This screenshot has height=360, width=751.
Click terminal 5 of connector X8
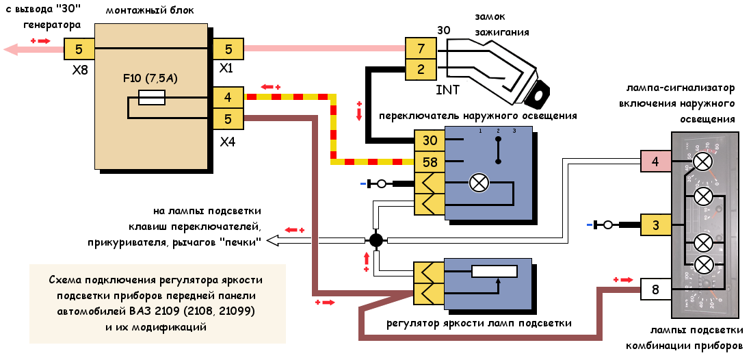79,49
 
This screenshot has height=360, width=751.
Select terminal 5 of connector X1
228,49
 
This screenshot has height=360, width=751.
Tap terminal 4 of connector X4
228,98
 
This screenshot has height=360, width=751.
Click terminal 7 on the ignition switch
421,49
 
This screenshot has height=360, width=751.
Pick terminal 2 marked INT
421,69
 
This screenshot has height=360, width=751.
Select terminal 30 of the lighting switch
429,141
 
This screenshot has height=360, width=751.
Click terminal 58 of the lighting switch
429,163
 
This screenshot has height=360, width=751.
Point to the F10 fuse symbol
151,99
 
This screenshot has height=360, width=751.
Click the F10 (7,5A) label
150,78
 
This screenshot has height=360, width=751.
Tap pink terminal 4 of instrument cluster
655,162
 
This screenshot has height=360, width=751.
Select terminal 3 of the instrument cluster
655,224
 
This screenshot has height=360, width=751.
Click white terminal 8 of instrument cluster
655,290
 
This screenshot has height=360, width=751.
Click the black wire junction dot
375,240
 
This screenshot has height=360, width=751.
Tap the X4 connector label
228,142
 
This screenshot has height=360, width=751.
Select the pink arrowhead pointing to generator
12,49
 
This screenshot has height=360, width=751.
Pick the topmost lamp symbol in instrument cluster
702,162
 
